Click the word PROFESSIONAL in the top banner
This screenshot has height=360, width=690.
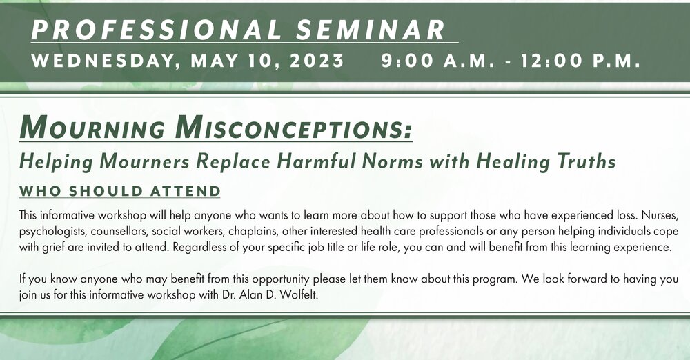(x=156, y=30)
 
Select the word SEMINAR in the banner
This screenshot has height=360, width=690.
(x=371, y=30)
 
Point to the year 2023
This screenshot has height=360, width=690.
(x=317, y=61)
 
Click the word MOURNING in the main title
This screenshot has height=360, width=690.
(x=92, y=128)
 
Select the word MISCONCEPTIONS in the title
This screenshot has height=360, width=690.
(x=293, y=128)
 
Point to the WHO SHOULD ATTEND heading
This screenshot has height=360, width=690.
(x=119, y=192)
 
